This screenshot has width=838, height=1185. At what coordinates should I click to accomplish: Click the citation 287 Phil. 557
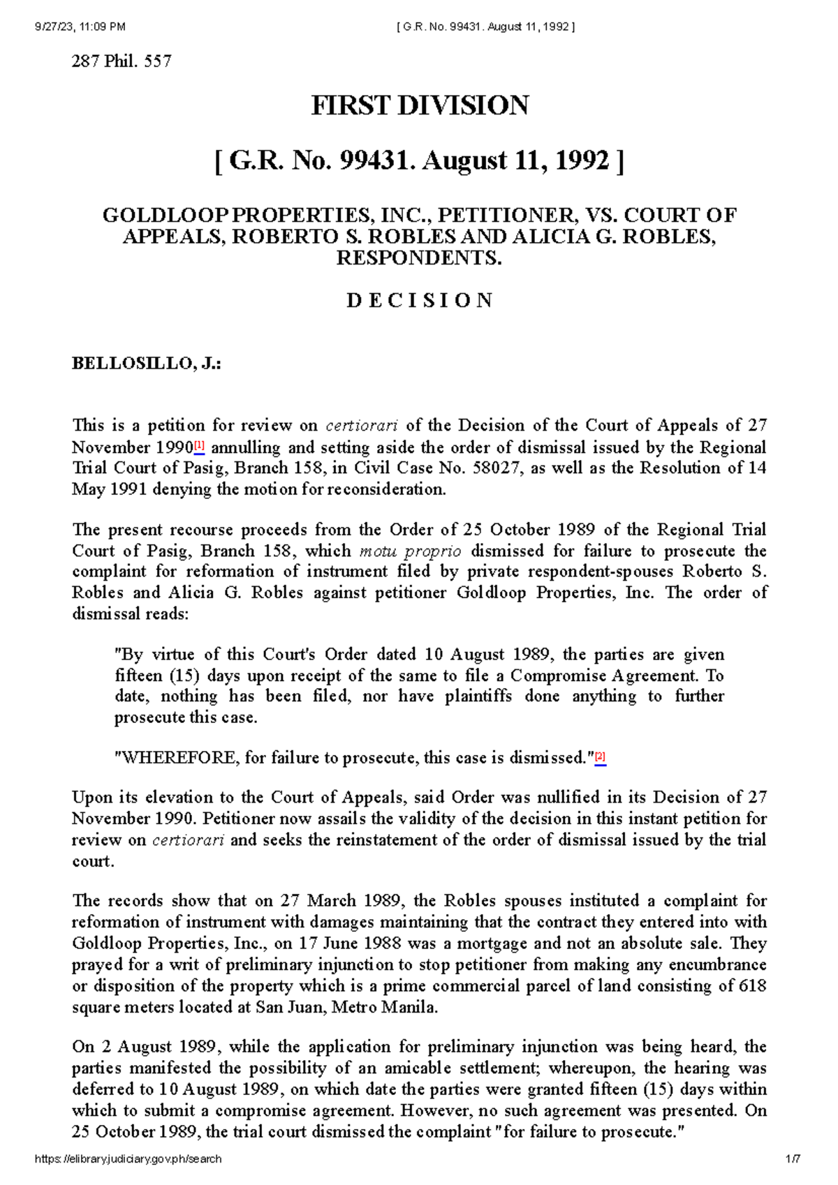point(122,61)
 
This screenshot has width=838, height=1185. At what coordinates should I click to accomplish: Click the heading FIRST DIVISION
point(419,106)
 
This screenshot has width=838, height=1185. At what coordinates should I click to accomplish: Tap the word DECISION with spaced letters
point(419,301)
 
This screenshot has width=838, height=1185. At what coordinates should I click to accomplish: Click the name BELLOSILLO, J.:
point(146,364)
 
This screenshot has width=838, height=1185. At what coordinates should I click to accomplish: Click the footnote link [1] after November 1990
point(199,445)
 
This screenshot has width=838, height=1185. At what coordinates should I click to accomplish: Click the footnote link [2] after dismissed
point(600,757)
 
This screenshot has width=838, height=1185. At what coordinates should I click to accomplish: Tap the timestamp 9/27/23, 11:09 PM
point(80,27)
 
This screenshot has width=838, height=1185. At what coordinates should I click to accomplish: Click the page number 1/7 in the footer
point(793,1159)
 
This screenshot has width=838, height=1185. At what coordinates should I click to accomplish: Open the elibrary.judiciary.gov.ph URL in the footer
point(128,1159)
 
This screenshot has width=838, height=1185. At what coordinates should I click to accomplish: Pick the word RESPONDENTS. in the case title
point(419,258)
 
